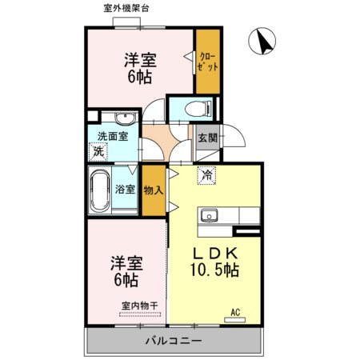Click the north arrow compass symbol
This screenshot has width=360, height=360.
tap(262, 41)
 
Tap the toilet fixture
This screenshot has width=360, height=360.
tap(198, 109)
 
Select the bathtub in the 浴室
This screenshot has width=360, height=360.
tap(100, 190)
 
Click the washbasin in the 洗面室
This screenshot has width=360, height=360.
tap(126, 118)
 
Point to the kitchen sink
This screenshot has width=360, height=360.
tap(210, 215)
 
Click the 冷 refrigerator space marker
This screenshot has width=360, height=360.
tap(206, 175)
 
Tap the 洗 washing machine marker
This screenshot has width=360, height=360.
tap(98, 152)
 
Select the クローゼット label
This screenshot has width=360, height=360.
tap(208, 62)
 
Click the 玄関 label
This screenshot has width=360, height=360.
tap(208, 138)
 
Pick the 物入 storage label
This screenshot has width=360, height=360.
tap(154, 190)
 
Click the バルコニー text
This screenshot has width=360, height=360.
tap(174, 341)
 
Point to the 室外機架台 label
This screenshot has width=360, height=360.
tap(126, 8)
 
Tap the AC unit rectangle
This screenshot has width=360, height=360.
tap(234, 320)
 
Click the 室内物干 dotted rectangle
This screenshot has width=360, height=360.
tap(140, 314)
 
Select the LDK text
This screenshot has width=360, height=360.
tap(215, 254)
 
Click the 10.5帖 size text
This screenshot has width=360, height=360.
tap(214, 270)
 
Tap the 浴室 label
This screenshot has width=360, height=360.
tap(125, 190)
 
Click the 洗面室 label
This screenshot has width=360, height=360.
tap(113, 136)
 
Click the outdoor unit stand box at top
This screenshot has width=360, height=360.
tap(126, 22)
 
